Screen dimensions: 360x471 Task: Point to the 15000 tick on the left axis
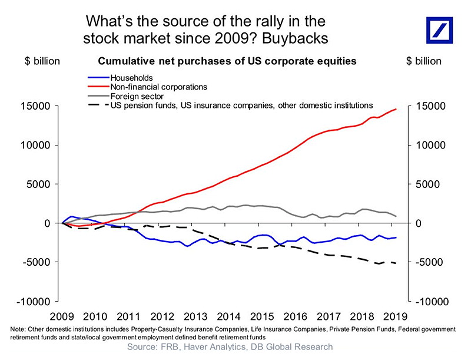[39, 107]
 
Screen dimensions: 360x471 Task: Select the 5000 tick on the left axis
[42, 184]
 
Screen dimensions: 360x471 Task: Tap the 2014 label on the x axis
[229, 316]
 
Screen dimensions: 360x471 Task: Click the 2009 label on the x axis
[62, 316]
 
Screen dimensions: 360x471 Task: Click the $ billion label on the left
[42, 61]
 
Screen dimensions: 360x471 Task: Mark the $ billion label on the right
[424, 61]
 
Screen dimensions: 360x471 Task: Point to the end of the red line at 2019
[396, 109]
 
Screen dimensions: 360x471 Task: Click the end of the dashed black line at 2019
[396, 263]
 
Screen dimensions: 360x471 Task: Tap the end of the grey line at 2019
[396, 216]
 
